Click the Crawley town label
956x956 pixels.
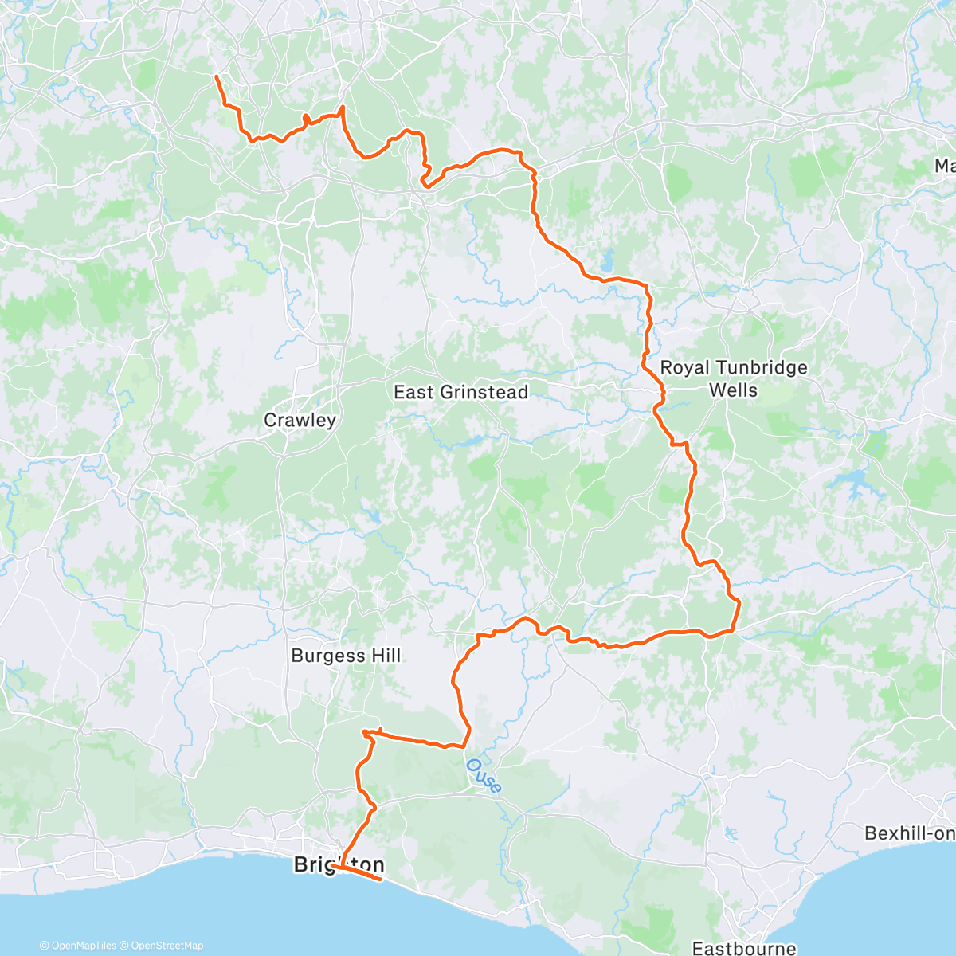coord(300,420)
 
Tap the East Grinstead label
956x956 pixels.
coord(460,392)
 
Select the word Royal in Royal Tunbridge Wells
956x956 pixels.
coord(687,367)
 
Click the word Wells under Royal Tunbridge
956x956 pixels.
coord(733,390)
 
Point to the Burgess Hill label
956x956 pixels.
coord(346,656)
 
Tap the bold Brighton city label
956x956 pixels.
coord(339,864)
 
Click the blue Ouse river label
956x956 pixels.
coord(484,776)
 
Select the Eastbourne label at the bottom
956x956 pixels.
coord(743,948)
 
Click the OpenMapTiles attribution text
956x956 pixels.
coord(77,946)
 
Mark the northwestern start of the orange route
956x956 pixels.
coord(216,76)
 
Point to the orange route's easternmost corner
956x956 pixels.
coord(739,603)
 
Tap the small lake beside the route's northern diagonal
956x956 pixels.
coord(609,261)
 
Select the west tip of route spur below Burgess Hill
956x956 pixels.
coord(363,731)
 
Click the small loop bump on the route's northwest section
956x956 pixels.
coord(306,120)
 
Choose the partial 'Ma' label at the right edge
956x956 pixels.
coord(945,166)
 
